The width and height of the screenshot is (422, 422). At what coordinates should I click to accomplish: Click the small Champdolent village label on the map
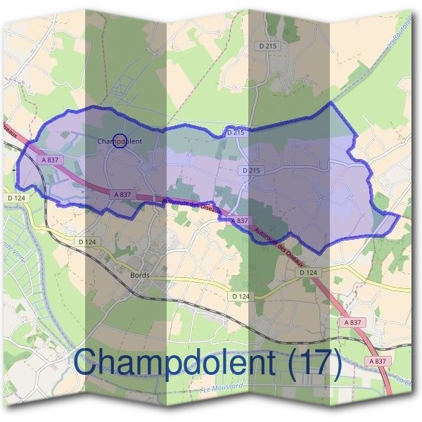point(120,141)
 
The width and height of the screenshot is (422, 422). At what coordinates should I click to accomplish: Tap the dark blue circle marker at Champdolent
point(120,141)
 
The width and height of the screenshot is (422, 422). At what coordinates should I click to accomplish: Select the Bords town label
point(140,275)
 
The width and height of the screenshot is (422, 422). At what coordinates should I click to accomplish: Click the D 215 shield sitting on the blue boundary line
point(236,132)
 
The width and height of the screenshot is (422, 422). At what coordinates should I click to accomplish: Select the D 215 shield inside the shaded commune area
point(250,170)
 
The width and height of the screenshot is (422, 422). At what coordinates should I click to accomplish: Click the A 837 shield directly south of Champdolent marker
point(122,194)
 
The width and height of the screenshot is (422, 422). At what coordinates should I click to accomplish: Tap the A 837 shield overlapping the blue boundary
point(239,221)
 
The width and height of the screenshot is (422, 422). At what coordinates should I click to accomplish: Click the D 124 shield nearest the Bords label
point(87,242)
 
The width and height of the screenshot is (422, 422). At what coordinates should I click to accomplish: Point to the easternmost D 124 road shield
point(308,272)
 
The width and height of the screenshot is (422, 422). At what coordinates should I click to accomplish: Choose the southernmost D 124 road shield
point(241,297)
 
